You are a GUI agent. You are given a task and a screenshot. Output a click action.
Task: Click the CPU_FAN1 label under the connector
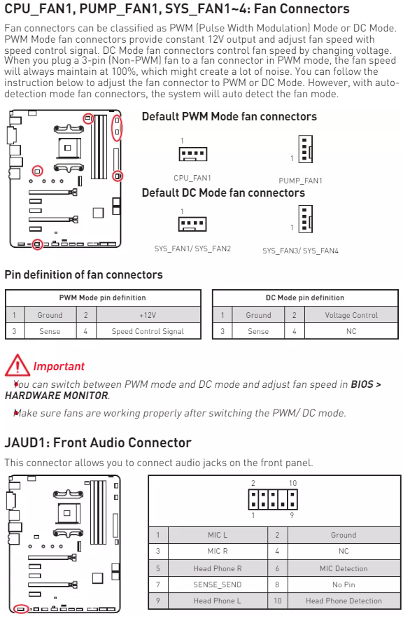tap(192, 178)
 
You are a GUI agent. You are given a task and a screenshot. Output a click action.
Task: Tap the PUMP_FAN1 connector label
tap(300, 181)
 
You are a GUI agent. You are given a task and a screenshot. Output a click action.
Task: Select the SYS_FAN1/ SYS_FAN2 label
tap(192, 248)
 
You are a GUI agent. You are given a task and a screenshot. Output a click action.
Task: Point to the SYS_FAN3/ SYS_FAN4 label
tap(300, 251)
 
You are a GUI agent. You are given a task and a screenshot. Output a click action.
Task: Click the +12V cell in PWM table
tap(148, 315)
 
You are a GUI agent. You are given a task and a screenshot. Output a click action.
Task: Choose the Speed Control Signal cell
tap(148, 331)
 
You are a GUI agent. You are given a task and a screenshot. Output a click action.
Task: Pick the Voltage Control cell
tap(351, 315)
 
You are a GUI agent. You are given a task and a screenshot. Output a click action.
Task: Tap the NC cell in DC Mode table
tap(351, 331)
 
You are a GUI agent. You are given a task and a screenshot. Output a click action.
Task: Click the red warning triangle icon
tap(17, 365)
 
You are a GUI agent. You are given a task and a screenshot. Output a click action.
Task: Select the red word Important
tap(59, 366)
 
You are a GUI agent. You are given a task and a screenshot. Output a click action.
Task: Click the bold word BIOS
tap(362, 384)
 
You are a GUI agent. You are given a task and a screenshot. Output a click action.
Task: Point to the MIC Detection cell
tap(344, 568)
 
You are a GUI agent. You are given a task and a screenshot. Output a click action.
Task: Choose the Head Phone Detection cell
tap(344, 601)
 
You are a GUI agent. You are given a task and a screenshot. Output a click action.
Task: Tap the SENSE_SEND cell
tap(218, 584)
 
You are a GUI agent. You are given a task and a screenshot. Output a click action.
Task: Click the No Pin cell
tap(344, 584)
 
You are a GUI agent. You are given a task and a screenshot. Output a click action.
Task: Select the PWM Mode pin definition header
tap(102, 297)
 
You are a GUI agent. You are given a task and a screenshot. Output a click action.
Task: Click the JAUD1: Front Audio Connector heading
tap(98, 442)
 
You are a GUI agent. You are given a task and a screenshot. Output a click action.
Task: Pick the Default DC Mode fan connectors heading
tap(223, 193)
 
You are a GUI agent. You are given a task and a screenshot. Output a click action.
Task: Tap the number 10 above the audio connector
tap(292, 483)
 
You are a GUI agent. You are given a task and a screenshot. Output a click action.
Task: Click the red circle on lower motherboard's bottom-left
tap(21, 609)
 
